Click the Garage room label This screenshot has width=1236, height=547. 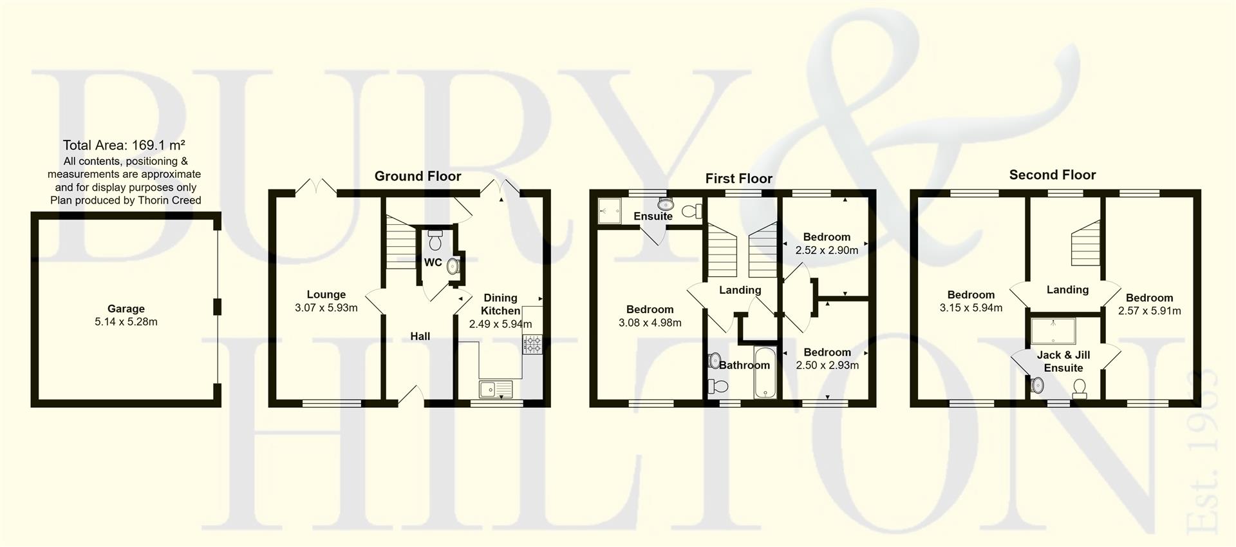(x=126, y=309)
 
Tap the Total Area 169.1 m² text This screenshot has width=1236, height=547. (x=125, y=146)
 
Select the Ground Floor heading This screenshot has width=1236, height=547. (x=418, y=177)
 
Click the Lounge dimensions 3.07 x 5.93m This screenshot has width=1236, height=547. (x=326, y=308)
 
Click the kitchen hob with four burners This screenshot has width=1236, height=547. (x=532, y=345)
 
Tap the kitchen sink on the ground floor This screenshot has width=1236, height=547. (x=495, y=389)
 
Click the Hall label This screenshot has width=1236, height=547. (x=420, y=336)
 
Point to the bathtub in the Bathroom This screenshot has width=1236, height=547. (x=765, y=374)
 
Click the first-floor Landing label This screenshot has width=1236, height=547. (x=740, y=291)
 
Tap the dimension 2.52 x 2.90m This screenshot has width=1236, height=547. (x=827, y=251)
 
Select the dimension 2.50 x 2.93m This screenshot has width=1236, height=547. (x=827, y=365)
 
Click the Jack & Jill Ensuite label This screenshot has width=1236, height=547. (x=1063, y=361)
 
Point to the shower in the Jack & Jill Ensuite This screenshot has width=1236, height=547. (x=1054, y=331)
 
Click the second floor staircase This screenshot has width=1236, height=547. (x=1085, y=243)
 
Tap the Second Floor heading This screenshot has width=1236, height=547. (x=1052, y=175)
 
